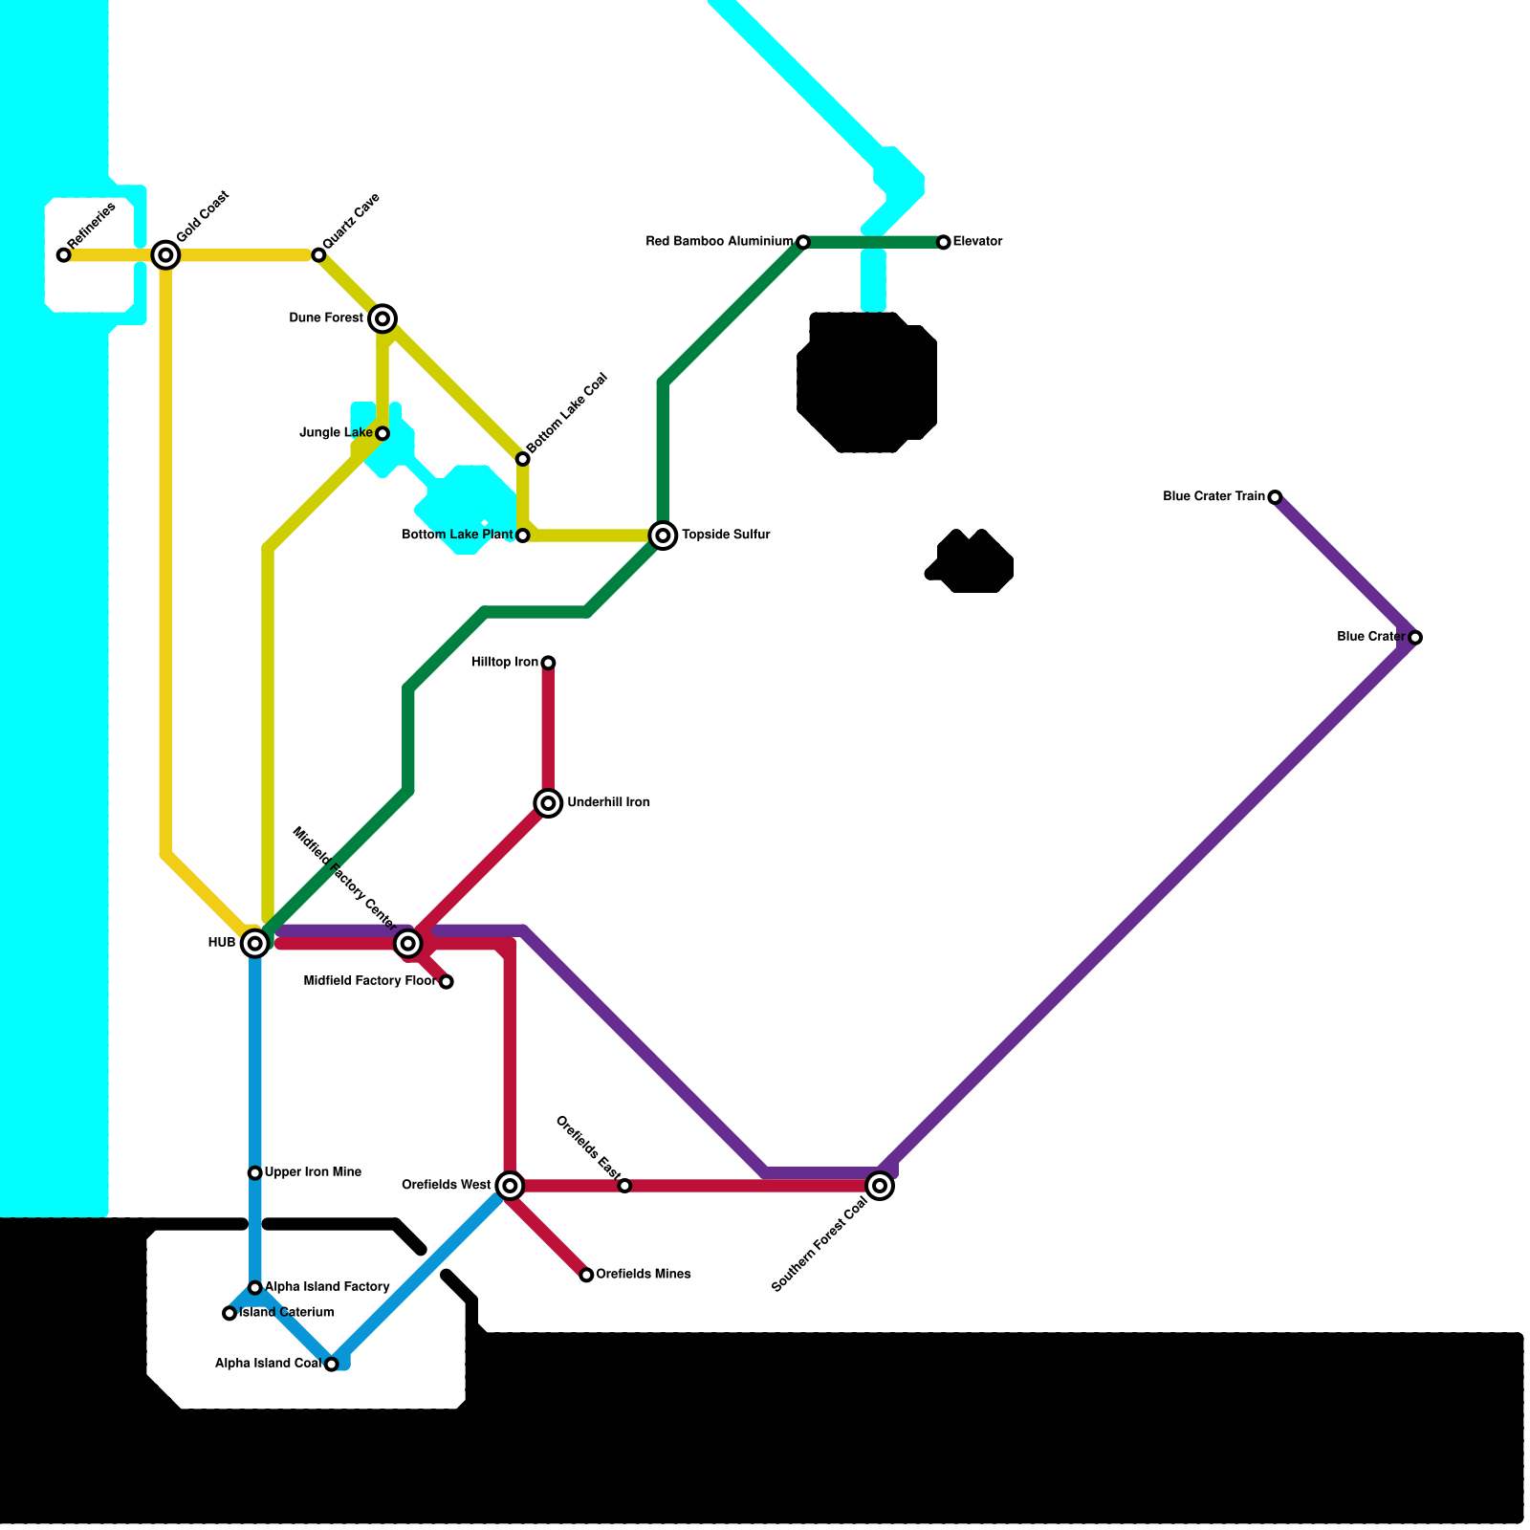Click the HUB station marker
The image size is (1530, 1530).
tap(254, 944)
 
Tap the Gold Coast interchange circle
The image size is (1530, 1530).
tap(165, 254)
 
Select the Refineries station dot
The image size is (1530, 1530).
tap(63, 255)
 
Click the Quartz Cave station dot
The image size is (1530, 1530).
tap(318, 255)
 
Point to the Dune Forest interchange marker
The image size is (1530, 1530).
tap(382, 318)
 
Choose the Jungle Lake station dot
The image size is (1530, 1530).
tap(382, 434)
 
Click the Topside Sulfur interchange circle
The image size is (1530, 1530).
tap(663, 535)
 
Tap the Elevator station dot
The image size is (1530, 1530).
tap(944, 243)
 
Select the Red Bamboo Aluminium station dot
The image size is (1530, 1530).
tap(803, 243)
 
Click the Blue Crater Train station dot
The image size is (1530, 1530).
tap(1275, 497)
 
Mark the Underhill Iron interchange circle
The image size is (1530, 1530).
tap(548, 803)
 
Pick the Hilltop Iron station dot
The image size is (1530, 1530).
tap(548, 663)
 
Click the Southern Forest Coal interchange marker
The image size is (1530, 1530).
tap(881, 1187)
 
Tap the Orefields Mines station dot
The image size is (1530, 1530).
tap(587, 1276)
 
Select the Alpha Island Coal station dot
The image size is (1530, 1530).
tap(332, 1365)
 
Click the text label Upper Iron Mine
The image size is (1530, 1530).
tap(313, 1172)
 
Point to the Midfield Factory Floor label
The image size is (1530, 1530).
tap(369, 981)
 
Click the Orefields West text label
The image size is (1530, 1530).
tap(446, 1186)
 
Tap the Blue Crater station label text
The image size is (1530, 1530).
tap(1370, 637)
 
